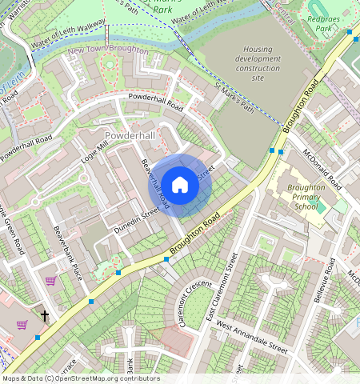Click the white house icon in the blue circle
coord(180,185)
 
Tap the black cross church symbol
coord(45,317)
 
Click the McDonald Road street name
coord(322,169)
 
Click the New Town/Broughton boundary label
coord(107,50)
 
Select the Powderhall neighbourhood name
coord(130,136)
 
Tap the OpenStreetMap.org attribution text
coord(80,378)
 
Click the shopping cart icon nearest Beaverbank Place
coord(51,281)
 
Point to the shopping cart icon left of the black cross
coord(22,324)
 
